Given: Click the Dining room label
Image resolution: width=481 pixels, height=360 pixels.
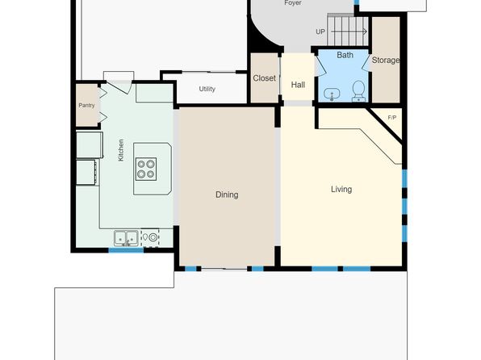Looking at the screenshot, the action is coord(227,195).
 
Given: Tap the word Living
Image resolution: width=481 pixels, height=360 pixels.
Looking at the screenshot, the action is coord(341,189).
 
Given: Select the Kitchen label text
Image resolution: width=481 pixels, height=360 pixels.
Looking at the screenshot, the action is coord(121,150).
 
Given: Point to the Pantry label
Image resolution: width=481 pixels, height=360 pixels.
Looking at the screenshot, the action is coord(86,105).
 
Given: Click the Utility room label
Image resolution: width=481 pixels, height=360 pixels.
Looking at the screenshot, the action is coord(207,89).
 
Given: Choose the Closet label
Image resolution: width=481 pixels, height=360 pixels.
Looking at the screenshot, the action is coord(265,78).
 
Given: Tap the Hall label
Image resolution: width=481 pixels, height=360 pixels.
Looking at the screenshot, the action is coord(298,85).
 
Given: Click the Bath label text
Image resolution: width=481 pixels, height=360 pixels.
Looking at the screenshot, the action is coord(345,55).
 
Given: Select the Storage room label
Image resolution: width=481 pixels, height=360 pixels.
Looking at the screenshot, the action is coord(386,61).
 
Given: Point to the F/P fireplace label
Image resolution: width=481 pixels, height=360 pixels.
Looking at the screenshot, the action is coord(392,118).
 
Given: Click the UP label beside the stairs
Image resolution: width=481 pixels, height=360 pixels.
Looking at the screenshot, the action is coord(320,31).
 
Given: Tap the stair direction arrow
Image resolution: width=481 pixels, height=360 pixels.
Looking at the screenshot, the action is coord(349,31).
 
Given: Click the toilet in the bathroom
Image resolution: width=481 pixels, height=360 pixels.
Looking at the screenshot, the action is coord(358,91).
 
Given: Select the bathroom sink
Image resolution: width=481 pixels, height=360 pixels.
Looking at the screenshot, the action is coord(332,94).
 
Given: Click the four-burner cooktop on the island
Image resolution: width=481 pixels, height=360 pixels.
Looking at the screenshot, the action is coord(146,170).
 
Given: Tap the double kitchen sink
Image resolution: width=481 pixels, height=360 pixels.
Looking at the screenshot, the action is coord(126,238).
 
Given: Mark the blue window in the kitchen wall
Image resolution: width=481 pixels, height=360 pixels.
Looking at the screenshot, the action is coord(126,250).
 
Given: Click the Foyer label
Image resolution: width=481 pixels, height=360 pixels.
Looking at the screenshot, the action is coord(293,2).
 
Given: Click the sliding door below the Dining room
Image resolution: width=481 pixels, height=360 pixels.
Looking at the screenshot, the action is coord(224,269).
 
